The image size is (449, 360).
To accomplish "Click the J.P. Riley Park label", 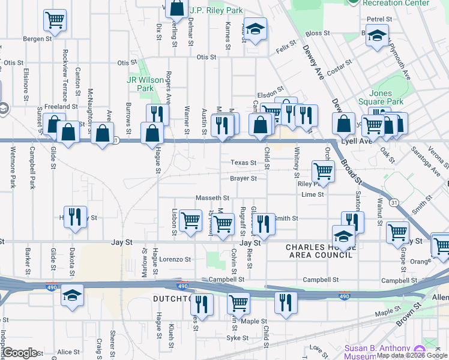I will (216, 10).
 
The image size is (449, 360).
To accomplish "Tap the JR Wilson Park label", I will (141, 84).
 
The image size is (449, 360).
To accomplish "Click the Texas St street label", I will (244, 163).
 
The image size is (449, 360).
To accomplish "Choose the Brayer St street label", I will (244, 178).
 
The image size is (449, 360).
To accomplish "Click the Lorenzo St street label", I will (175, 260).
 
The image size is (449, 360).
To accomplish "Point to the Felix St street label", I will (287, 47).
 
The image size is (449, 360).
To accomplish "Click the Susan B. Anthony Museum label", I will (377, 352).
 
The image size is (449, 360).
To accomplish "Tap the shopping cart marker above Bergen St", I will (55, 20).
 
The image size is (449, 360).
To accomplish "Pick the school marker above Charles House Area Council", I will (344, 236).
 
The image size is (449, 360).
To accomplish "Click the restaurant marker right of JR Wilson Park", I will (157, 114).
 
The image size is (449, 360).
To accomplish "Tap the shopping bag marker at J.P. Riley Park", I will (177, 9).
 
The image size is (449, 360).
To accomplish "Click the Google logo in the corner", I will (20, 353).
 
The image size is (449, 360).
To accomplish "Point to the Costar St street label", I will (339, 66).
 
